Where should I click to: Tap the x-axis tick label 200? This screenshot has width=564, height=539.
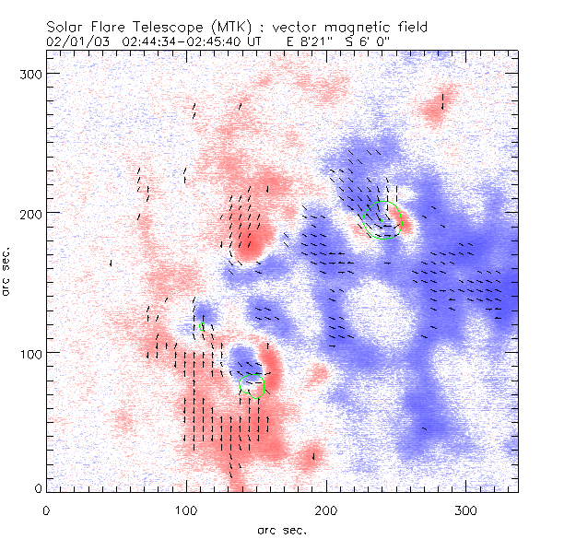pos(327,510)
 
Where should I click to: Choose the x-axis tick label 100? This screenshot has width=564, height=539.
pos(187,510)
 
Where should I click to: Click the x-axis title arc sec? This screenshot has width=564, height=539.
pos(280,529)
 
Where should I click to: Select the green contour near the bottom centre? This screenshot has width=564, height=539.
pos(252,385)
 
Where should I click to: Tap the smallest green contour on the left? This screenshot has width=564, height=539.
pos(201,325)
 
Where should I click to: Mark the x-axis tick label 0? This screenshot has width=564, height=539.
pos(47,510)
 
